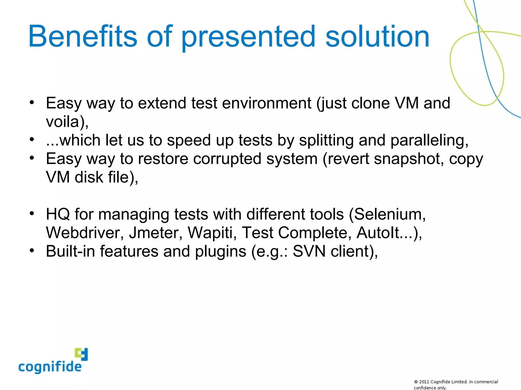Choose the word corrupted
[x=227, y=159]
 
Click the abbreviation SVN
[x=309, y=251]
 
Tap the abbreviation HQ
[x=58, y=214]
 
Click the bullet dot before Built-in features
[x=32, y=251]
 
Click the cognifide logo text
[x=50, y=367]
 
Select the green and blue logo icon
[x=81, y=354]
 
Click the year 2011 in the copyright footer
[x=424, y=382]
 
